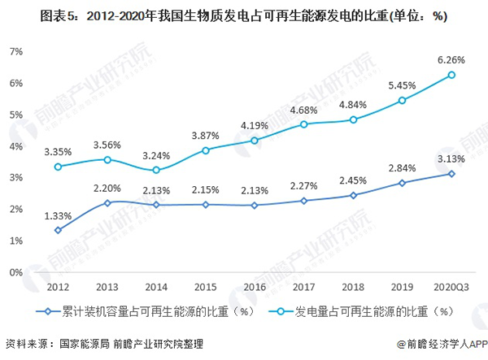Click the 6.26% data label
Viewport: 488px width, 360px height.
451,59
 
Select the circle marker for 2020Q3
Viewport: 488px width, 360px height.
451,75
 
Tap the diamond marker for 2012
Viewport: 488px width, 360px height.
57,230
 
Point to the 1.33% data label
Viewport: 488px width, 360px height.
57,215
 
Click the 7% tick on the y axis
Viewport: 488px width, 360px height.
15,51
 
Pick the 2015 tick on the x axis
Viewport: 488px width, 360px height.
205,287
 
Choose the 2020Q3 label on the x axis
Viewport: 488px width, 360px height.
451,287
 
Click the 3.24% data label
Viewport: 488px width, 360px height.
156,154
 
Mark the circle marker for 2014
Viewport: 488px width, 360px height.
156,170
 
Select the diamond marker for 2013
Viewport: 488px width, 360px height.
107,202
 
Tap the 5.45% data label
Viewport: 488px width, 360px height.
402,85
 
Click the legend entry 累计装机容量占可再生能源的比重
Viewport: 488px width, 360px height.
138,310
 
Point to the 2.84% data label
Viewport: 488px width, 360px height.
402,168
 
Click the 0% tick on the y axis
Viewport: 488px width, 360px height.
15,272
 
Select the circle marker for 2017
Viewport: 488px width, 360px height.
303,124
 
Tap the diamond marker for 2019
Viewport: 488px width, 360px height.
402,183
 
